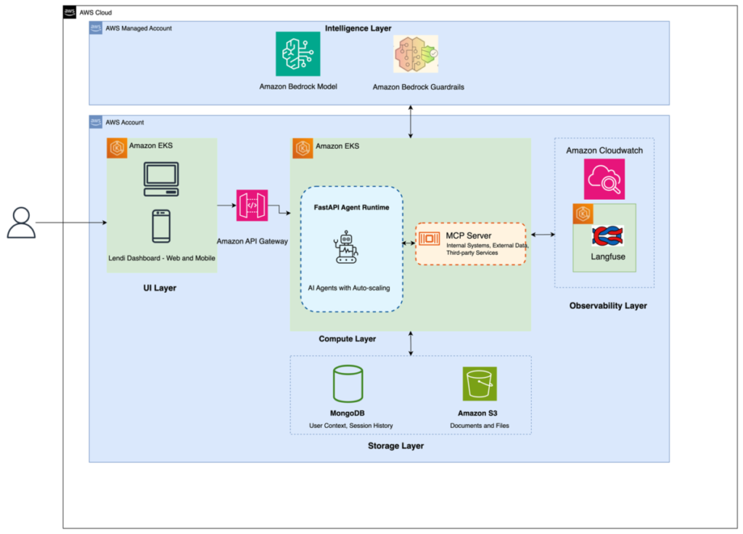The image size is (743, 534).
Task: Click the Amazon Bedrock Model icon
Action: pos(297,54)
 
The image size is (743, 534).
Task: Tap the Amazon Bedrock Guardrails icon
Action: pos(416,54)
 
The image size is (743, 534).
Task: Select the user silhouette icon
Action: pos(21,223)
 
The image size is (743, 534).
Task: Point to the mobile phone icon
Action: pos(161,226)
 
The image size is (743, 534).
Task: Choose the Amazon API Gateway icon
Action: pos(252,206)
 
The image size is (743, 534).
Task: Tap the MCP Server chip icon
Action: pos(429,238)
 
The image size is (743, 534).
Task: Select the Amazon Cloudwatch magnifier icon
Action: pos(604,179)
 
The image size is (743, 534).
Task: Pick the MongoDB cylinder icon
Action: pos(348,384)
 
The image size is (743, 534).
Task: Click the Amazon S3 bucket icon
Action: pos(479,384)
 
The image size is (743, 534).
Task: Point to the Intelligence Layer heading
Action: pos(358,28)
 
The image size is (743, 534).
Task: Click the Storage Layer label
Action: pos(395,445)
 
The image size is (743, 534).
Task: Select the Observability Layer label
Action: pos(608,306)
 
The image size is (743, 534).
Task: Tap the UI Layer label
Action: pos(159,288)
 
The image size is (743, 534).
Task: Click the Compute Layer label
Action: pos(347,339)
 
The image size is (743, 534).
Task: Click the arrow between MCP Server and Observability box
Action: pos(543,235)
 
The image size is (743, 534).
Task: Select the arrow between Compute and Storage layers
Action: pos(411,344)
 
